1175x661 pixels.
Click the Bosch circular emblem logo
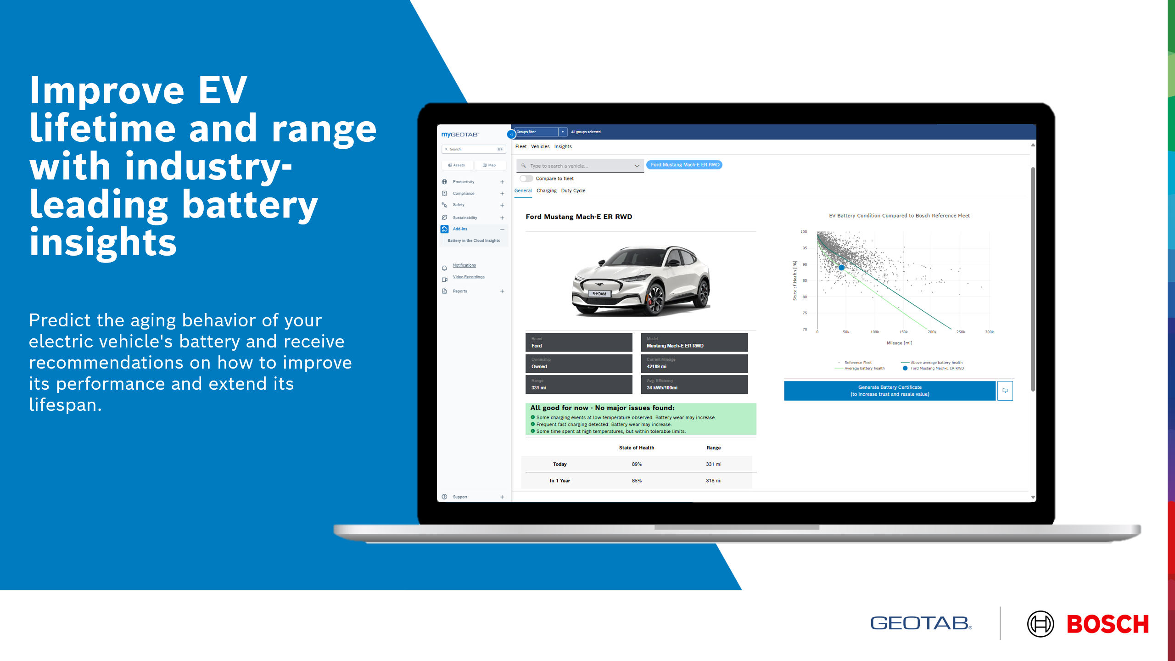tap(1040, 624)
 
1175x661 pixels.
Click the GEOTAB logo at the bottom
tap(921, 623)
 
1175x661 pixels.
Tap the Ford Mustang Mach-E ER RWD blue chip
tap(684, 165)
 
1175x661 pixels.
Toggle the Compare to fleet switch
tap(526, 179)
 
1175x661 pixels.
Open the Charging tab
tap(546, 191)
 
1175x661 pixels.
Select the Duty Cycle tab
tap(573, 191)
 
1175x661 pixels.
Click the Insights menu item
tap(563, 147)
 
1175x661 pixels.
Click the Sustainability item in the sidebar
tap(465, 218)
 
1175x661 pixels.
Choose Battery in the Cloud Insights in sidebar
tap(474, 241)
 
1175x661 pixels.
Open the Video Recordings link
tap(469, 277)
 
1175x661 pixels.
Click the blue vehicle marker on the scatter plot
tap(841, 268)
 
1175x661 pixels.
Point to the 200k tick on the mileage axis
tap(932, 332)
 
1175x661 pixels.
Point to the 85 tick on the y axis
tap(805, 280)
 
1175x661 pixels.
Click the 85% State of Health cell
tap(637, 481)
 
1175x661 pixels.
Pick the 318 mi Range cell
tap(713, 481)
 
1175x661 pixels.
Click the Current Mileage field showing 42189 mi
tap(694, 364)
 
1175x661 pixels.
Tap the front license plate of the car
tap(599, 294)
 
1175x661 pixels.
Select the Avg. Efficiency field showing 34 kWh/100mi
tap(694, 385)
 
